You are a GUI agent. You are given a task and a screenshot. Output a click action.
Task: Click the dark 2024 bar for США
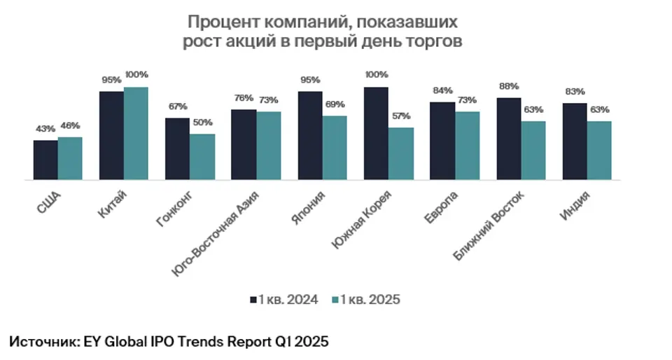(x=45, y=160)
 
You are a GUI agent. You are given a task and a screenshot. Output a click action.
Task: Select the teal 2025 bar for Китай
(x=136, y=134)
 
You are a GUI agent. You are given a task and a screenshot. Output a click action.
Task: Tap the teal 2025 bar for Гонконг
(x=202, y=158)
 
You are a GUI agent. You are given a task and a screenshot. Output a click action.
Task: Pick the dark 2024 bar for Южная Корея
(x=377, y=134)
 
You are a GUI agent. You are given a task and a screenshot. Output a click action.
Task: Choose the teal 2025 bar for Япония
(x=335, y=148)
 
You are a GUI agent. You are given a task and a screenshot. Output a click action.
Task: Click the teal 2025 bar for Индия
(x=599, y=151)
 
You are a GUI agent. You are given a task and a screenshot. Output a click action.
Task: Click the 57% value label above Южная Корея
(x=401, y=116)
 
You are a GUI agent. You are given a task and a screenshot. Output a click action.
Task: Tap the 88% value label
(x=508, y=86)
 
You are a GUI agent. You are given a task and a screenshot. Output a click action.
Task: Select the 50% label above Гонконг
(x=202, y=123)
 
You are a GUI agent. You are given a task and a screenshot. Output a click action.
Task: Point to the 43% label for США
(x=45, y=128)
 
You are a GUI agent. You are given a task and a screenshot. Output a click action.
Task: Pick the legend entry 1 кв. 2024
(x=284, y=300)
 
